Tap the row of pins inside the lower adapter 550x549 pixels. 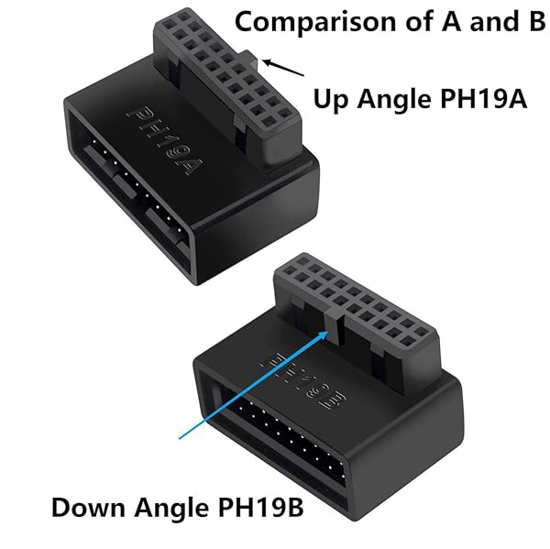312,449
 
